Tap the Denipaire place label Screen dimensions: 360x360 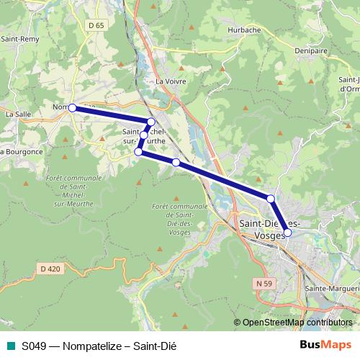tap(312, 51)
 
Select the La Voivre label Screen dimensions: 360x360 tap(171, 81)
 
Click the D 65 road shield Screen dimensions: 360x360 tap(95, 25)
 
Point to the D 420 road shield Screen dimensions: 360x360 tap(50, 269)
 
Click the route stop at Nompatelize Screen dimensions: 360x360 tap(72, 107)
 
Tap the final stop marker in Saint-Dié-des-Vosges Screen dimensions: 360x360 tap(287, 232)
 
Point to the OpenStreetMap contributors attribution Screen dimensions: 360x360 tap(297, 323)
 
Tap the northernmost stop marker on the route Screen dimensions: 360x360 tap(150, 122)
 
